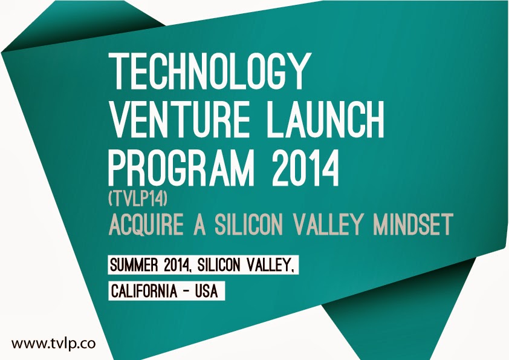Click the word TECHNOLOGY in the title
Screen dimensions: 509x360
pos(208,71)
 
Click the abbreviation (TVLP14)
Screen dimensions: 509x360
pos(138,199)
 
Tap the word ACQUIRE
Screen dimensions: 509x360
pos(146,224)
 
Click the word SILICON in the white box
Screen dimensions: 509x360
pos(219,266)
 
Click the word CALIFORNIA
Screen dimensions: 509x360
pos(144,291)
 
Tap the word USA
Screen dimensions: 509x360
pos(206,291)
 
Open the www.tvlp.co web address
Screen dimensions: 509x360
pos(54,344)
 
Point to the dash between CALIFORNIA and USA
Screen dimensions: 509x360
pos(186,292)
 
